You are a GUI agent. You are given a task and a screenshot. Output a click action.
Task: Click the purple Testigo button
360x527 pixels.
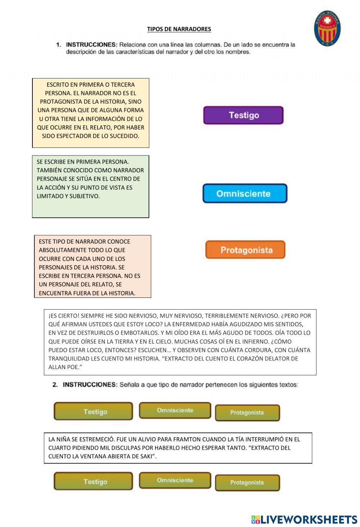(x=243, y=115)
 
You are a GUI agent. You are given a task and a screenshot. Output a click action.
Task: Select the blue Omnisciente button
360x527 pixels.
(x=245, y=194)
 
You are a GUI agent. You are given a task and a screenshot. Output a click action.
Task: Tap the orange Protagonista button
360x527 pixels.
(x=246, y=250)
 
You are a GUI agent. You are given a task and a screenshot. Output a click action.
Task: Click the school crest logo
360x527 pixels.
(x=328, y=28)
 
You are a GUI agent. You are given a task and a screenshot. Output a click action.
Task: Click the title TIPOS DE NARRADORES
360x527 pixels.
(x=179, y=29)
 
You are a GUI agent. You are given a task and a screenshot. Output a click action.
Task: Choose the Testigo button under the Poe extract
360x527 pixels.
(x=93, y=412)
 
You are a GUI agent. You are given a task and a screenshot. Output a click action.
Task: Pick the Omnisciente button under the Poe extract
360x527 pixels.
(x=175, y=410)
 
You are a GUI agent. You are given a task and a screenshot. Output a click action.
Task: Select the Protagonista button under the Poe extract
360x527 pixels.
(x=247, y=413)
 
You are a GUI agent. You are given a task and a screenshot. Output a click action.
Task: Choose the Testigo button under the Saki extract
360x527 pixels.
(x=93, y=482)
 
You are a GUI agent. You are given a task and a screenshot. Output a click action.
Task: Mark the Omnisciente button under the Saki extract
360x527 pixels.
(x=175, y=481)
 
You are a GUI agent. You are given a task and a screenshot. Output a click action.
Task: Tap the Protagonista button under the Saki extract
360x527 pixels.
(x=247, y=483)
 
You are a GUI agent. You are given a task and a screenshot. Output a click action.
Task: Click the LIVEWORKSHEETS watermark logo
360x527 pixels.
(x=304, y=519)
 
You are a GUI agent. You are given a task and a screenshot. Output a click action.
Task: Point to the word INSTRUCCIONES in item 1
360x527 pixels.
(x=91, y=45)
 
